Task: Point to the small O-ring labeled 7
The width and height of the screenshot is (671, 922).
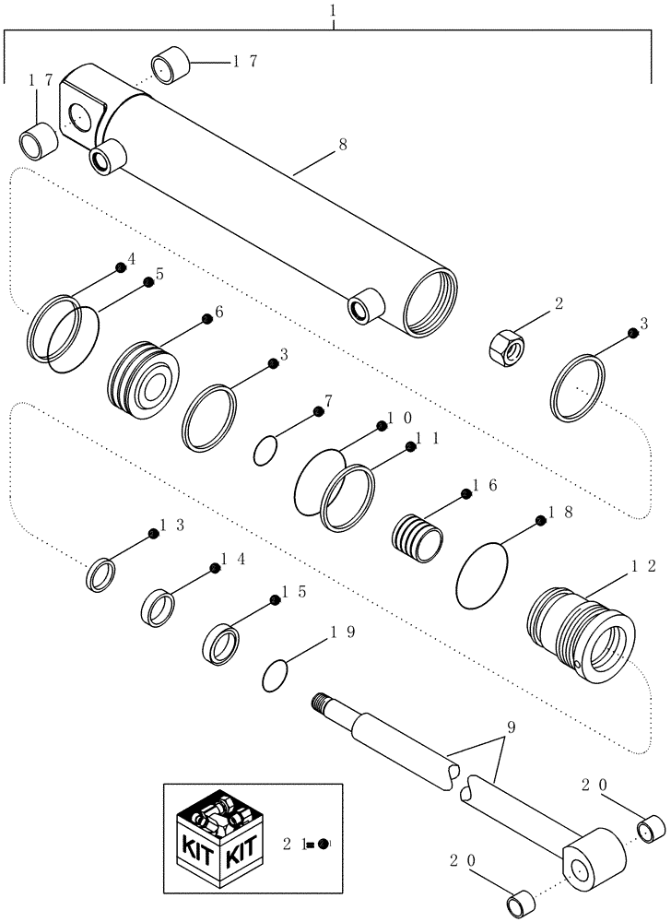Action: [265, 451]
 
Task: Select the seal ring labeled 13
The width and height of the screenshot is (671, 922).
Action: [100, 574]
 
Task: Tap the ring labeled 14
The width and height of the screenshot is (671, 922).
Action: [158, 609]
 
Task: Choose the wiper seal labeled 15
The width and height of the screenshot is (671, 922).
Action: [224, 642]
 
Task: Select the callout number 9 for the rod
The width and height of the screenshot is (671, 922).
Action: [511, 727]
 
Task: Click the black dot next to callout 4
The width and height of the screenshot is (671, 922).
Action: [121, 267]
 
